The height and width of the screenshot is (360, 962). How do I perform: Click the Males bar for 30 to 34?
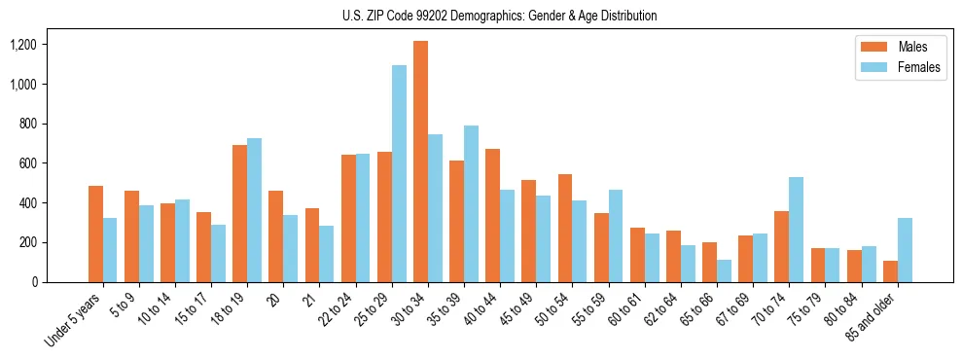(420, 162)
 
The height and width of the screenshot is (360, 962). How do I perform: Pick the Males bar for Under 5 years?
(95, 234)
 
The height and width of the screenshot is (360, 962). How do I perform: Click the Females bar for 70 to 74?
(796, 230)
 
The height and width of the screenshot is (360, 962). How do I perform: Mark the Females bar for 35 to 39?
(471, 203)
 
